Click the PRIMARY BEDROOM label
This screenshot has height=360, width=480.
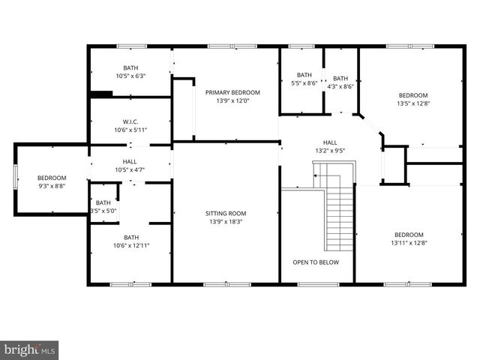(x=232, y=92)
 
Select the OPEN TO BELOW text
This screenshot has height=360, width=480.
(x=316, y=262)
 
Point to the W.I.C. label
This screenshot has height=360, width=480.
(x=130, y=121)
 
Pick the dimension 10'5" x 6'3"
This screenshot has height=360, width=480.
(x=130, y=76)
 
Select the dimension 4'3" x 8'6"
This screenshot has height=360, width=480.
(x=340, y=87)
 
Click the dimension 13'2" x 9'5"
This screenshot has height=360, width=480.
(x=330, y=151)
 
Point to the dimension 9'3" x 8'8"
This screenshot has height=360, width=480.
(x=52, y=186)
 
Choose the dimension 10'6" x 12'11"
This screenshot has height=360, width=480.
(x=131, y=246)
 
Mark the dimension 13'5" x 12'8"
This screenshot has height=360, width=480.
(x=412, y=104)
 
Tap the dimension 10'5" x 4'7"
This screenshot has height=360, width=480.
(x=130, y=169)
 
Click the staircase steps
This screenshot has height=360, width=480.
(x=340, y=221)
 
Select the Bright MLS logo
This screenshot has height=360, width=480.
(x=30, y=349)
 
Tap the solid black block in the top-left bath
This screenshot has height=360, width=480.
(x=100, y=94)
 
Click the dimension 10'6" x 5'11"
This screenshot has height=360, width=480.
(x=130, y=130)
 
